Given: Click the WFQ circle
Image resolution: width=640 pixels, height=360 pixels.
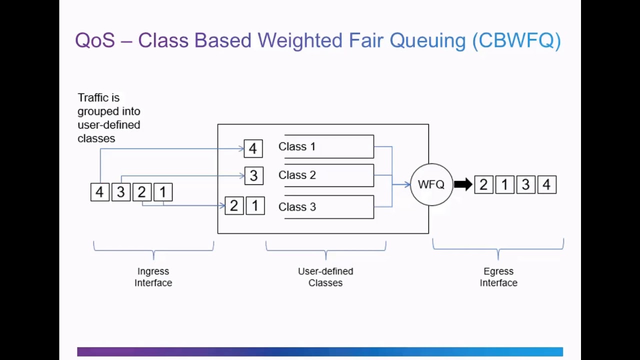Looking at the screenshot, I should [431, 184].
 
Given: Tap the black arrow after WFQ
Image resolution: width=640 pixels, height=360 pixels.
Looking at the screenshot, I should [463, 184].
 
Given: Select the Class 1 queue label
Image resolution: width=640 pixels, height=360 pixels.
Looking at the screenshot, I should [297, 146].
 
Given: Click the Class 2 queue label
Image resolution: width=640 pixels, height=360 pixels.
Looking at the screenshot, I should [297, 175].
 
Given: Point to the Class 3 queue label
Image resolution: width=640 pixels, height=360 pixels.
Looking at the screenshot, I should [297, 207].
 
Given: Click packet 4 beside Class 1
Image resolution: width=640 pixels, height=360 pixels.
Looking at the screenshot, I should [253, 148].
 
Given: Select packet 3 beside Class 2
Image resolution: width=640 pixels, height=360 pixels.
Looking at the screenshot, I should [253, 175].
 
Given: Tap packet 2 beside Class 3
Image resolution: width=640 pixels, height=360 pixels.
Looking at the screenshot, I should [234, 205].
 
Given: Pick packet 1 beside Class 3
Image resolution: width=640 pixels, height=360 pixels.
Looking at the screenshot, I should [255, 205].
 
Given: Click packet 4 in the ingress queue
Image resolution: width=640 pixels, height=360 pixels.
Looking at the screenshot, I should [99, 192].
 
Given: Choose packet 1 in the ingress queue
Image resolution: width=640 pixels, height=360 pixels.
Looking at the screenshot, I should [162, 192].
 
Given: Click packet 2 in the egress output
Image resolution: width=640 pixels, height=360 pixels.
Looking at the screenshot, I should [483, 185].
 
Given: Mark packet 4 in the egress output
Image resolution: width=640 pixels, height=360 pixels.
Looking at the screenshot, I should [546, 185].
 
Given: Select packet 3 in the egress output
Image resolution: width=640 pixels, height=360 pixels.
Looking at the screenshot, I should [525, 185].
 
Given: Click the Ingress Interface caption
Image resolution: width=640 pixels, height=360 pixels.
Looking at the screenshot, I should [153, 277].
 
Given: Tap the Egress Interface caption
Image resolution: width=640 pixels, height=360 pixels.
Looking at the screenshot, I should [498, 277].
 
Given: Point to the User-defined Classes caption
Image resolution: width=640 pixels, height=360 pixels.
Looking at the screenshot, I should [325, 277].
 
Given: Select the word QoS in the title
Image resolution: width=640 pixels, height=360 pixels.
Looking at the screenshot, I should [95, 40].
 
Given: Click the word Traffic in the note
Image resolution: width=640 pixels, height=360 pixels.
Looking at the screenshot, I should [91, 97].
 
